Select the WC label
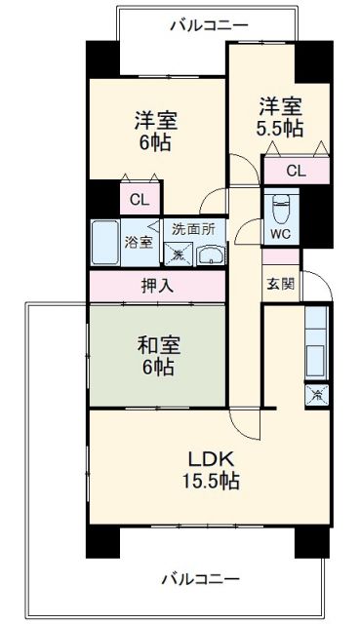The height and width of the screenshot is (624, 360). point(280,234)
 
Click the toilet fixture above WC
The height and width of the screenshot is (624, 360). point(280,207)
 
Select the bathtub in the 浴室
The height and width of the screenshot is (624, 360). point(105,241)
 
